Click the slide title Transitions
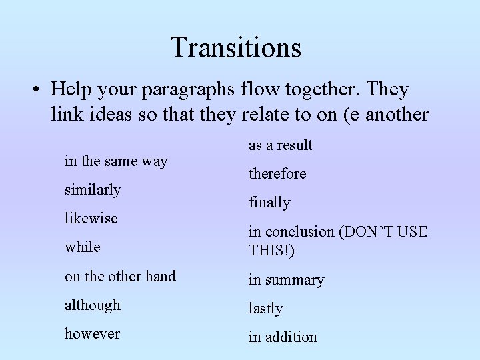[235, 47]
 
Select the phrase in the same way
[115, 161]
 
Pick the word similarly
[93, 189]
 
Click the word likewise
[91, 218]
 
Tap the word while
[82, 247]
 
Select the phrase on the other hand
[119, 276]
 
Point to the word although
[93, 305]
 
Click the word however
[92, 333]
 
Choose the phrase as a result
[280, 145]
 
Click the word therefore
[277, 173]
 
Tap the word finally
[269, 202]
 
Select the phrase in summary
[286, 280]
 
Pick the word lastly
[265, 308]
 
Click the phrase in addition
[283, 337]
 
